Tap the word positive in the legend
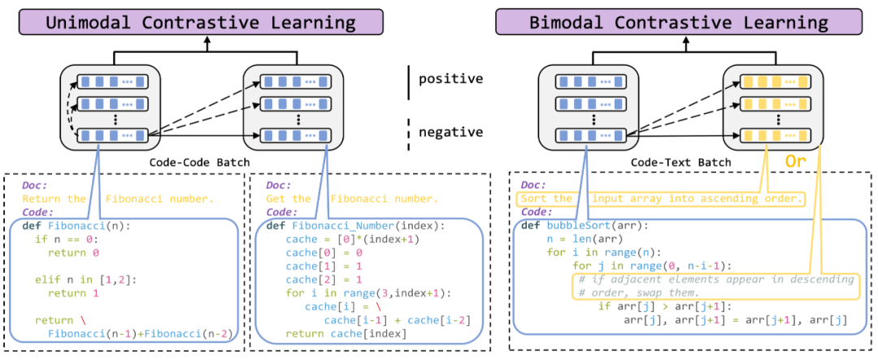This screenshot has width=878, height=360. pos(450,80)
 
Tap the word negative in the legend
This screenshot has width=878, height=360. pos(450,132)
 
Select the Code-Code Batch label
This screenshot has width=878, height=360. pos(199,163)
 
